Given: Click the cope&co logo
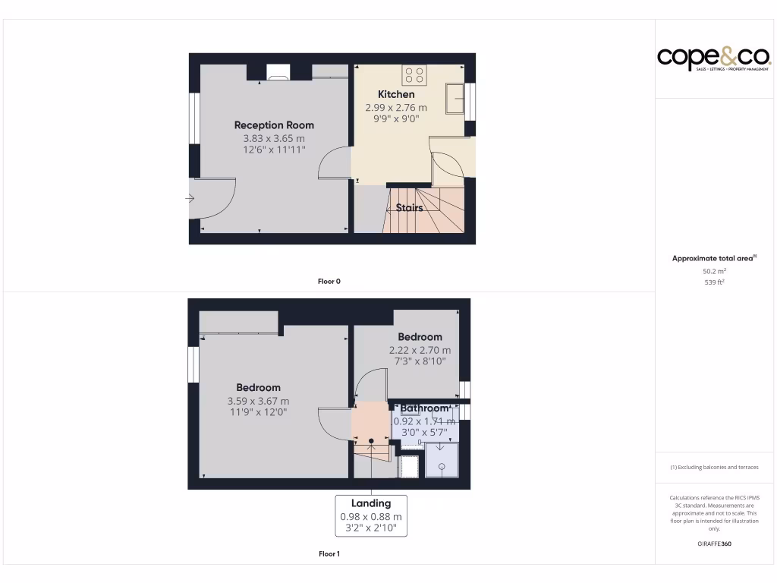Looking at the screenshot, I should pos(713,58).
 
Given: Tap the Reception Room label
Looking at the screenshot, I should pos(274,125).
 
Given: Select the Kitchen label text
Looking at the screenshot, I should pos(396,94).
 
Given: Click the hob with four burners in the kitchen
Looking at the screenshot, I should pos(415,74).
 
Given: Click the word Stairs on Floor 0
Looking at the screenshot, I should pos(409,207).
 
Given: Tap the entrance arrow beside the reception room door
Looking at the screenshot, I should pos(189,199).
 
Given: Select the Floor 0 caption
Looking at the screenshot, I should pos(329,282).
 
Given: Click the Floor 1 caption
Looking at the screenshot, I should pos(329,554).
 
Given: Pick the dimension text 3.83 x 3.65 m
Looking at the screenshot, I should pos(274,139).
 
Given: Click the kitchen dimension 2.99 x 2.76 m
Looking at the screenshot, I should pos(396,108).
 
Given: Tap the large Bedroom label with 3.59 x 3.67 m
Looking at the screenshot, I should pos(258,387).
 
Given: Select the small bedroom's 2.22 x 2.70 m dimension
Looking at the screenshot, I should pos(420,351).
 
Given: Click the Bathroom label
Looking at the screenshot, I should pos(425,408).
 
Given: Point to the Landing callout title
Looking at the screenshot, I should pos(371,503).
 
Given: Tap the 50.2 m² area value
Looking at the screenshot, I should pos(714,271).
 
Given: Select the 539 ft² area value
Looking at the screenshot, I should pos(714,282).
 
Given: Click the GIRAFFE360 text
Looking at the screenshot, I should pos(714,544).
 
